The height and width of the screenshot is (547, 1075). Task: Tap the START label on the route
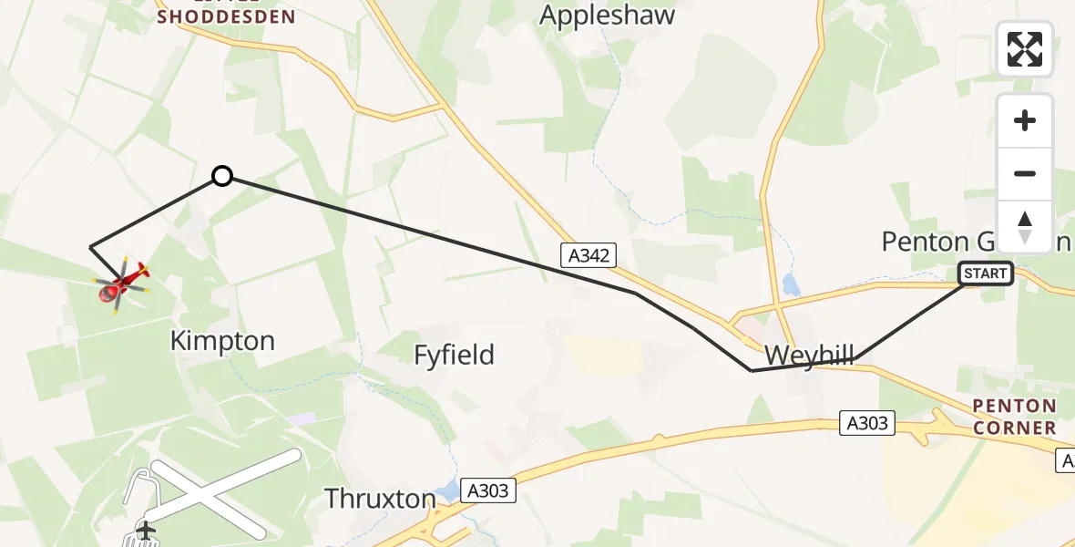click(x=985, y=273)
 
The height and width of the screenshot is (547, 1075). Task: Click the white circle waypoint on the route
click(x=222, y=176)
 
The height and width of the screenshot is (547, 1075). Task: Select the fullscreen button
click(x=1025, y=49)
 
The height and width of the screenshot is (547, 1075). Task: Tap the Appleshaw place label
click(x=608, y=15)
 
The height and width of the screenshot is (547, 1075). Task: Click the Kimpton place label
click(x=222, y=341)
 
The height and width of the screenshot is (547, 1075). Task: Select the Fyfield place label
click(x=454, y=355)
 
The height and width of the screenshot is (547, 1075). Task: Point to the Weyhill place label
click(x=809, y=355)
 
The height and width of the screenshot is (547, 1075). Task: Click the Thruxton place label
click(x=380, y=499)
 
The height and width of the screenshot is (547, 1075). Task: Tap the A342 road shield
click(x=587, y=256)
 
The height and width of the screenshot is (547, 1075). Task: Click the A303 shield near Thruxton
click(x=488, y=490)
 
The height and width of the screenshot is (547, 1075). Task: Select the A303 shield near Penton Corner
click(x=867, y=423)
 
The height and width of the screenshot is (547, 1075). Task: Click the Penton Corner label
click(x=1014, y=417)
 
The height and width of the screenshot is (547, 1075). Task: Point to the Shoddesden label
click(x=226, y=16)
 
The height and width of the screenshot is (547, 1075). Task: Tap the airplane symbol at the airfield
click(x=145, y=529)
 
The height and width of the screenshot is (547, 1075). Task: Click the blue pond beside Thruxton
click(x=447, y=493)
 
